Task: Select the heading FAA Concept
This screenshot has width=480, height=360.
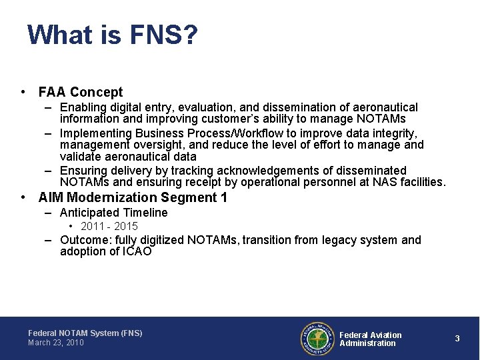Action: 81,92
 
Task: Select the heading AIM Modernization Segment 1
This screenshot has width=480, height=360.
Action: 133,197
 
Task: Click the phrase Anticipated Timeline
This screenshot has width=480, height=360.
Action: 113,213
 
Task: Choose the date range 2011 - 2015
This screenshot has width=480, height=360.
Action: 109,226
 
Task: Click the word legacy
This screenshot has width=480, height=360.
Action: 338,240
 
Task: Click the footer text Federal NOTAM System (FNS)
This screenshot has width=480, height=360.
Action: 85,333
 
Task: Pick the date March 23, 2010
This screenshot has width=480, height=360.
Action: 56,343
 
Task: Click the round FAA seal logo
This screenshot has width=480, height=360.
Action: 317,339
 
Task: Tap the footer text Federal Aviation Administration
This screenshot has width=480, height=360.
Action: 370,339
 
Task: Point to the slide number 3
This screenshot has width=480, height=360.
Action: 457,339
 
